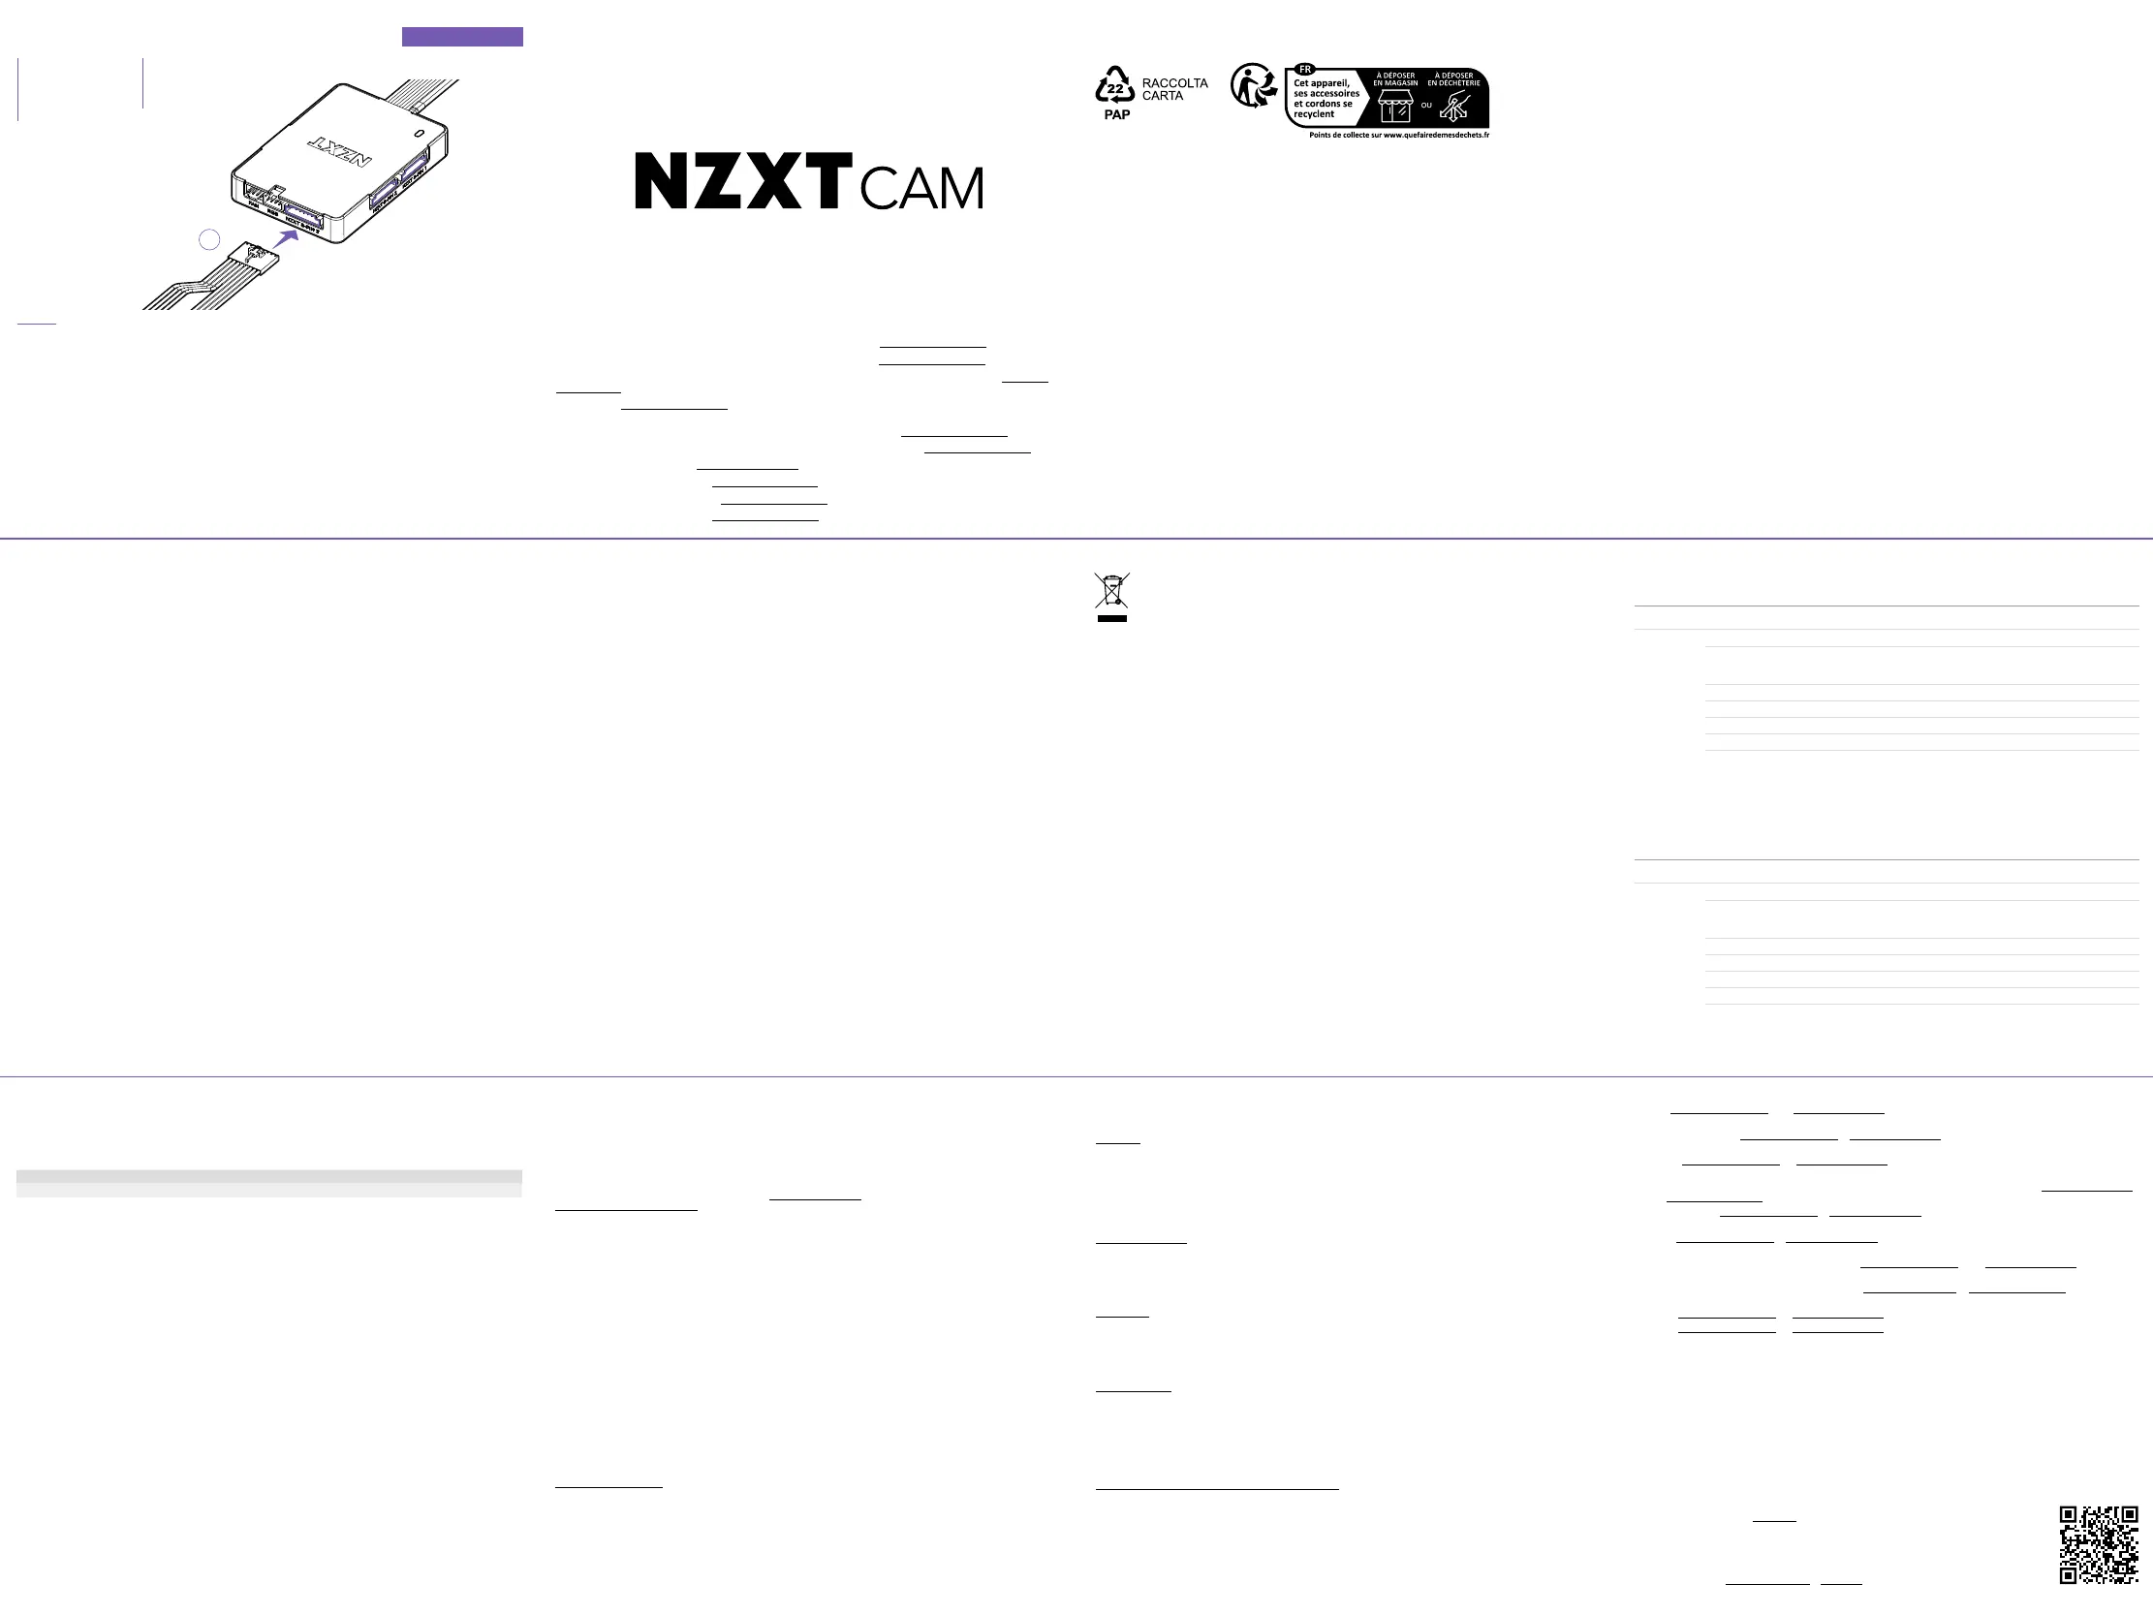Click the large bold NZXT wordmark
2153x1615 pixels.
point(742,180)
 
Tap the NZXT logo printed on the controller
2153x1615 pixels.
point(340,150)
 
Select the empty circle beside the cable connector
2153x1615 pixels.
point(209,239)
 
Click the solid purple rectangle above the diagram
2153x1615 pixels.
point(462,37)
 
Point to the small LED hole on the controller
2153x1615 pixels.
point(420,133)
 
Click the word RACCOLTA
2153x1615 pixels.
point(1174,83)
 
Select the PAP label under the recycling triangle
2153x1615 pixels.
point(1116,115)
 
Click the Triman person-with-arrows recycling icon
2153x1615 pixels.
point(1253,85)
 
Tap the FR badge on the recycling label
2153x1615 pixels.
point(1304,70)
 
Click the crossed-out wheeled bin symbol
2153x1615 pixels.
point(1111,591)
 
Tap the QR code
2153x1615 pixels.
point(2099,1544)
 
